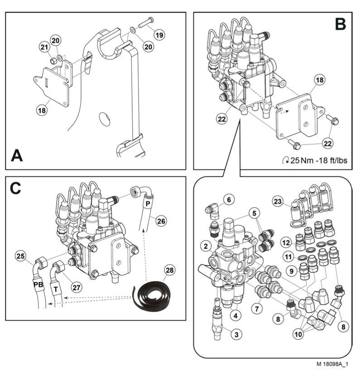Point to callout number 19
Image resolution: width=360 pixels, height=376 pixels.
(x=159, y=34)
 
